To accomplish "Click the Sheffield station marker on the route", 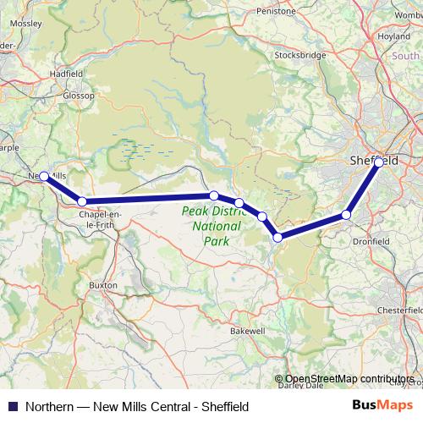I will pyautogui.click(x=378, y=162).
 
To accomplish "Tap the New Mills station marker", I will pyautogui.click(x=44, y=176).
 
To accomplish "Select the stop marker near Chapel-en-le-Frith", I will pyautogui.click(x=82, y=201).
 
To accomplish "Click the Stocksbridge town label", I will pyautogui.click(x=300, y=55).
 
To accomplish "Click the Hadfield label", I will pyautogui.click(x=65, y=74).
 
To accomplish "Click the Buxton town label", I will pyautogui.click(x=103, y=286).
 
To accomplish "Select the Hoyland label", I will pyautogui.click(x=393, y=36).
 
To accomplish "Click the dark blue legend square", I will pyautogui.click(x=12, y=406).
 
